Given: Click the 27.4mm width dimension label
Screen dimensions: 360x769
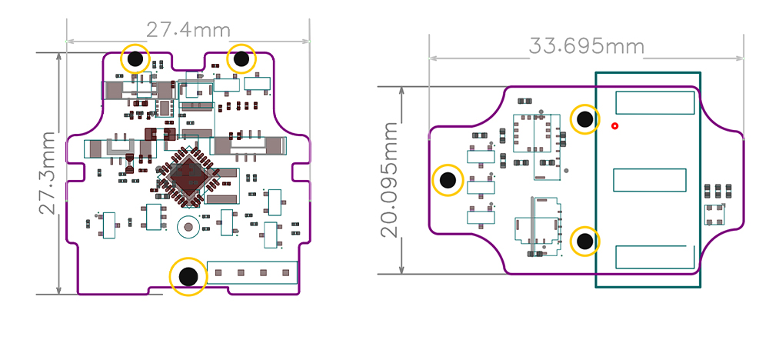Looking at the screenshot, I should [x=188, y=30].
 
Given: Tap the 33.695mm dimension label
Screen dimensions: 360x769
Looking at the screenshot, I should [x=586, y=46].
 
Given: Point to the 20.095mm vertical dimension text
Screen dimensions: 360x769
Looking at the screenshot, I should [x=391, y=179].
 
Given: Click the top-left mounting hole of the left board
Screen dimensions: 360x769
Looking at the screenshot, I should [x=136, y=58].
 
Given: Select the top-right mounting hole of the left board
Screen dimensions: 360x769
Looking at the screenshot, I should [x=241, y=58].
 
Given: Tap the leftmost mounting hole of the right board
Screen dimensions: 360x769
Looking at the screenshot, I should [x=448, y=182].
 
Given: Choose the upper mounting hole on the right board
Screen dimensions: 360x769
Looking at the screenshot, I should [x=585, y=119].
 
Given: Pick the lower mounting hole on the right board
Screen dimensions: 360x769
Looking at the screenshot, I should [x=585, y=242].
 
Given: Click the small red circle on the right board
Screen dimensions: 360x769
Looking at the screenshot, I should [x=614, y=125].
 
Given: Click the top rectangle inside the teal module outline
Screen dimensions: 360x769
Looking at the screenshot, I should [x=655, y=103].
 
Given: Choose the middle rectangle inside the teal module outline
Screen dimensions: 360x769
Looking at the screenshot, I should [x=649, y=180].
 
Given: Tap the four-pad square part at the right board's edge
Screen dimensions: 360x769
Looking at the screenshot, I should [x=714, y=215].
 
